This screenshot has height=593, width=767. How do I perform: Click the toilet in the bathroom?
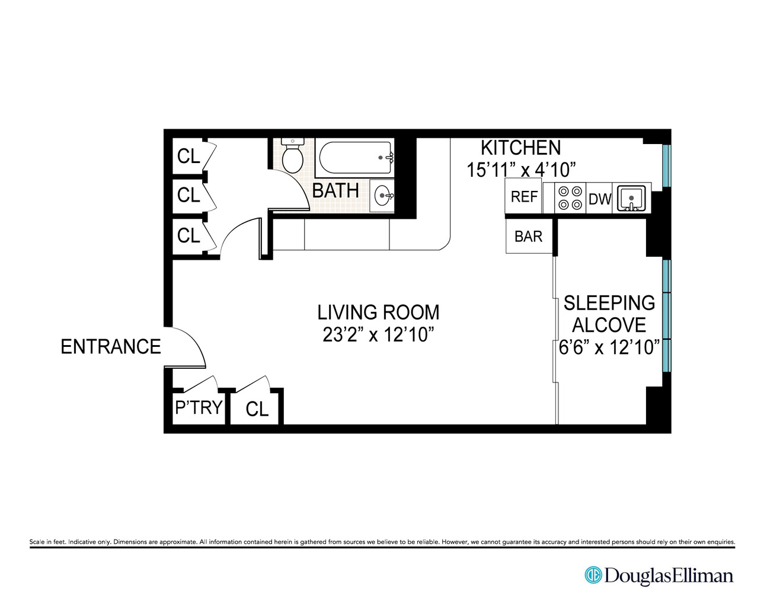[x=292, y=155]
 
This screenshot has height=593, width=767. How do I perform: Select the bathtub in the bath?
[x=354, y=158]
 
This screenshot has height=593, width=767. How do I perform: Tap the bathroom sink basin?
[x=383, y=195]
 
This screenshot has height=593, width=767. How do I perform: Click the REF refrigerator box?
[x=523, y=197]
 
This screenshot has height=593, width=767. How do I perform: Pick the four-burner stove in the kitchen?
[x=570, y=198]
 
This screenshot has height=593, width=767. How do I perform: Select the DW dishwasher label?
[x=599, y=199]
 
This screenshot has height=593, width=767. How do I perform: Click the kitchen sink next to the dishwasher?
[x=632, y=197]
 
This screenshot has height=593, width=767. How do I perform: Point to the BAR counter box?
[x=528, y=237]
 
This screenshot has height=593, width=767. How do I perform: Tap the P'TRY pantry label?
[x=199, y=407]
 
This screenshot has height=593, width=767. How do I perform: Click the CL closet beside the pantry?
[x=257, y=409]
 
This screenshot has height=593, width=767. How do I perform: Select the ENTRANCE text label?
[x=111, y=346]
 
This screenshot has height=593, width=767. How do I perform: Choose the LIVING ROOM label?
[x=378, y=312]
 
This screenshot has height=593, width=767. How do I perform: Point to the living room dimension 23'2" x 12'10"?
[x=378, y=335]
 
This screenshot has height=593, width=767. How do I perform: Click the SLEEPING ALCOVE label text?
[x=609, y=314]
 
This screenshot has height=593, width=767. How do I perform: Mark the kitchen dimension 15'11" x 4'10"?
[x=521, y=170]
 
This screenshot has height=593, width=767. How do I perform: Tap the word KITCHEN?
[x=520, y=148]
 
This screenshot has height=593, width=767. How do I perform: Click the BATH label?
[x=335, y=191]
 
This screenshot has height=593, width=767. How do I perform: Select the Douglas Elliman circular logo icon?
[x=593, y=575]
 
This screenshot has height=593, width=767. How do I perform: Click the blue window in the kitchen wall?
[x=666, y=165]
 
